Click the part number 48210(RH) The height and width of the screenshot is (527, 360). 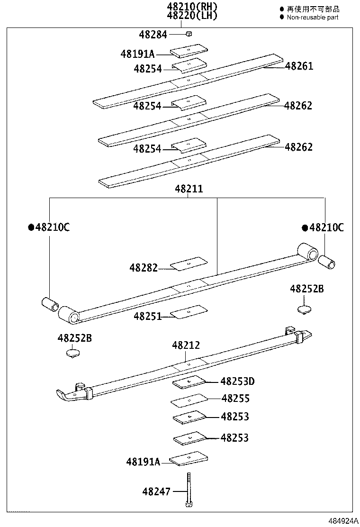(191, 7)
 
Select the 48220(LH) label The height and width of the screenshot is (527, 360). (191, 16)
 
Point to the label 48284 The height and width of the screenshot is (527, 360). (153, 34)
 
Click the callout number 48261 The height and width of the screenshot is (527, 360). (299, 66)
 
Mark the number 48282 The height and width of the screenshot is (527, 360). (144, 268)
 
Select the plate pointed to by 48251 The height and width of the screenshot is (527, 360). (189, 311)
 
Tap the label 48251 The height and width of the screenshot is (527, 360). (147, 316)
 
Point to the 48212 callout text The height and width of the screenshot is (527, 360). (186, 345)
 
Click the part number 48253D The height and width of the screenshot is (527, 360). (237, 381)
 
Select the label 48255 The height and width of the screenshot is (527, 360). (235, 399)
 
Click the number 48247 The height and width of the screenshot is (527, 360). (156, 492)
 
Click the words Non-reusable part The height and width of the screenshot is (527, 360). (313, 17)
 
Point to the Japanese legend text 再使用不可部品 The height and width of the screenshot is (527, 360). (313, 9)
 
